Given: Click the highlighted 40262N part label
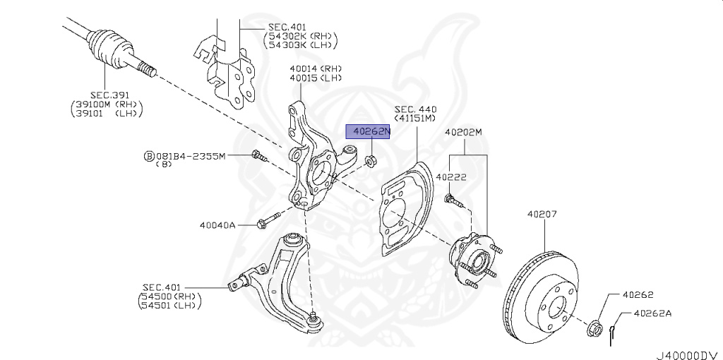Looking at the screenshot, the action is pyautogui.click(x=368, y=132).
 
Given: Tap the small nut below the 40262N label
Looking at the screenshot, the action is pyautogui.click(x=369, y=161).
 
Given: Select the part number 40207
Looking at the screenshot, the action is pyautogui.click(x=542, y=214).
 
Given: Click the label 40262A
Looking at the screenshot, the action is pyautogui.click(x=652, y=313).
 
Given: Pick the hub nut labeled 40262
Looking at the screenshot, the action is pyautogui.click(x=594, y=328).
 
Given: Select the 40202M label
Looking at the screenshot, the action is pyautogui.click(x=463, y=133).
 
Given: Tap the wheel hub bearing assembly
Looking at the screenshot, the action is pyautogui.click(x=474, y=261).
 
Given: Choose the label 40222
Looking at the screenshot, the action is pyautogui.click(x=451, y=177).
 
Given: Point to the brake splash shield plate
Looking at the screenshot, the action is pyautogui.click(x=406, y=208).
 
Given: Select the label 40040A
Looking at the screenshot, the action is pyautogui.click(x=217, y=225).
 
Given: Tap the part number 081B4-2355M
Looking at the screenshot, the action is pyautogui.click(x=191, y=156).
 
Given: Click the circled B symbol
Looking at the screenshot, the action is pyautogui.click(x=149, y=156).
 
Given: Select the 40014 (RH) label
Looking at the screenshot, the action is pyautogui.click(x=316, y=68).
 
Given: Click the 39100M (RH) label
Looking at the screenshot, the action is pyautogui.click(x=107, y=104).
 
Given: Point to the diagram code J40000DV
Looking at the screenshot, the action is pyautogui.click(x=687, y=355).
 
